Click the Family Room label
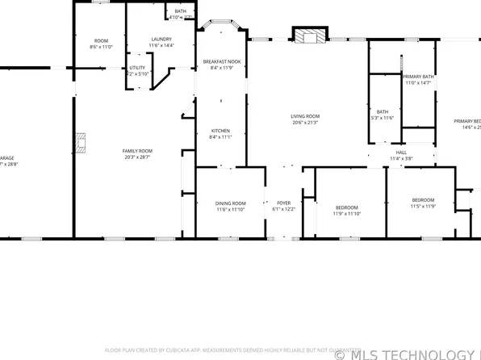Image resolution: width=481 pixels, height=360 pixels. point(137,151)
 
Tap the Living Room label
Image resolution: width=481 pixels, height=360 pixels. point(305,116)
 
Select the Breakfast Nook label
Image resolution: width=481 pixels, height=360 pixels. point(221,62)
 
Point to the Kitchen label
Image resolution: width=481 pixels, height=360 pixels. point(221,131)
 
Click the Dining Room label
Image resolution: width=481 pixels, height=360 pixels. point(230,203)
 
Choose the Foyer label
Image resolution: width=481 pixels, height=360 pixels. point(284,203)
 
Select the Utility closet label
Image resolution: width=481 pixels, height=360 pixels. point(137,68)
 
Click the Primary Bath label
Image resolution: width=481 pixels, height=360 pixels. point(418,76)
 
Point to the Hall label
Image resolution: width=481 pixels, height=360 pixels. point(401,152)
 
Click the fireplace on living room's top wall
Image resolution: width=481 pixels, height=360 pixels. point(307,36)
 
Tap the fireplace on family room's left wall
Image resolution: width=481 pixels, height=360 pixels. point(80,143)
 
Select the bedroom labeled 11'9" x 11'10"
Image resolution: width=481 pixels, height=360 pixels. point(349,207)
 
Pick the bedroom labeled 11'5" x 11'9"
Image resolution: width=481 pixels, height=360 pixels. point(423,200)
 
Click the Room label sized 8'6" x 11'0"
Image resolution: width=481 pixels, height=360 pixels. point(101,41)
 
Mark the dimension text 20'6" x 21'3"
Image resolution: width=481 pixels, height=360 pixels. point(305,123)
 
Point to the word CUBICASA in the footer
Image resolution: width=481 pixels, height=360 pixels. point(182,350)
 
